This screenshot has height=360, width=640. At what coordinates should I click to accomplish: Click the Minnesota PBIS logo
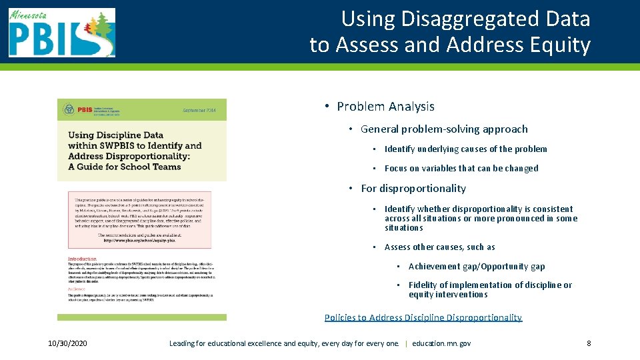pyautogui.click(x=62, y=32)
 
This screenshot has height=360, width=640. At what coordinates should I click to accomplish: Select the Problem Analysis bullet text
pyautogui.click(x=385, y=107)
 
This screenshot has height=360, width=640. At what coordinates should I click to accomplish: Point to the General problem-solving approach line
pyautogui.click(x=444, y=129)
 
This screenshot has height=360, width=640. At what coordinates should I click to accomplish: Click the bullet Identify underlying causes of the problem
pyautogui.click(x=465, y=149)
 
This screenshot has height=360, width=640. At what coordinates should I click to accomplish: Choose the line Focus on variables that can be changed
pyautogui.click(x=461, y=169)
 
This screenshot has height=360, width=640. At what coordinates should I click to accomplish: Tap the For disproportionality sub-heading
pyautogui.click(x=413, y=189)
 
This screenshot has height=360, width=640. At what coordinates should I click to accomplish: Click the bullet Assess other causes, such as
pyautogui.click(x=439, y=247)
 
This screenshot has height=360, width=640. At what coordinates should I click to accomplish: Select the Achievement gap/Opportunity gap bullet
pyautogui.click(x=477, y=267)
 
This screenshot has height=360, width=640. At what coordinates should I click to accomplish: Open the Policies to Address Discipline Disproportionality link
pyautogui.click(x=423, y=318)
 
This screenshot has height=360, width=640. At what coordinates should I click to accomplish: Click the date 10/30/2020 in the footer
pyautogui.click(x=68, y=343)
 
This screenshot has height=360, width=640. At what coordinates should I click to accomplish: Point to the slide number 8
pyautogui.click(x=589, y=343)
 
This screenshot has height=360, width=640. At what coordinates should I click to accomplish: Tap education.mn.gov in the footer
pyautogui.click(x=441, y=343)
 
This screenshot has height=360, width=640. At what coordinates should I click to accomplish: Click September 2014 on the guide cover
pyautogui.click(x=199, y=110)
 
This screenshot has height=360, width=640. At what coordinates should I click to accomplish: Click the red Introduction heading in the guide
pyautogui.click(x=82, y=259)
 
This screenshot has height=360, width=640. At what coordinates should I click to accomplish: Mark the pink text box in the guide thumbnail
pyautogui.click(x=139, y=220)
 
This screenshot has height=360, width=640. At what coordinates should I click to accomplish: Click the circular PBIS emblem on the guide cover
pyautogui.click(x=69, y=109)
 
